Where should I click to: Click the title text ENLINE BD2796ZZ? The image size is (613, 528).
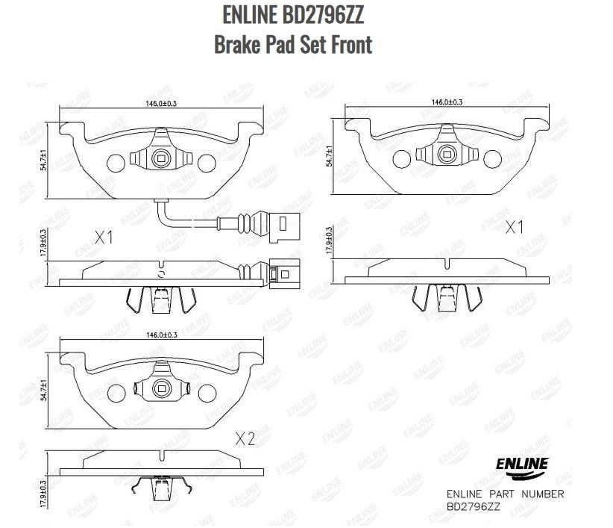(x=293, y=16)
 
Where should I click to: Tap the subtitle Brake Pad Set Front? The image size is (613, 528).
(x=293, y=45)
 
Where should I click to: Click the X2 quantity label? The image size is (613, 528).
(x=245, y=439)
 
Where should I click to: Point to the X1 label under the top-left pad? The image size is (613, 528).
(x=104, y=238)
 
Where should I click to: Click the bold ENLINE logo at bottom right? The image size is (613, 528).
(x=521, y=465)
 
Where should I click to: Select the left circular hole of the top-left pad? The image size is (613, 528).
(x=116, y=162)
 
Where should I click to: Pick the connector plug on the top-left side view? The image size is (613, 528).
(x=283, y=273)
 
